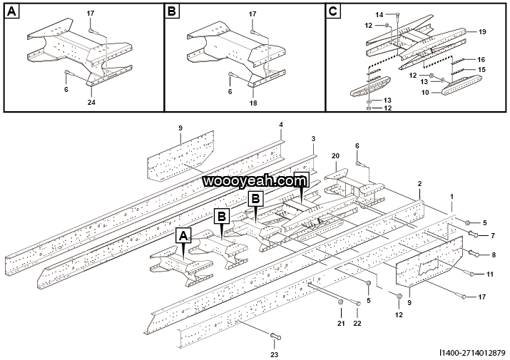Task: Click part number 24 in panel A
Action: coord(91,103)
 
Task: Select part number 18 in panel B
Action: coord(253,103)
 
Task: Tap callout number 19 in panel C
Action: coord(482,32)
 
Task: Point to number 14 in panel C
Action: coord(379,14)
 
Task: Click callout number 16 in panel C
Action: coord(482,59)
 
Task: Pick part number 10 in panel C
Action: coord(425,92)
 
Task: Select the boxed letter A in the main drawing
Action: coord(184,235)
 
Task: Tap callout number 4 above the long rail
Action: coord(281,125)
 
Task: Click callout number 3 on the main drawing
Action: coord(312,138)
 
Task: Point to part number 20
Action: coord(335,156)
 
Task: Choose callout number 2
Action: coord(420,183)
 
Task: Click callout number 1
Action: coord(451,195)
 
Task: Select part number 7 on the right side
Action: coord(491,235)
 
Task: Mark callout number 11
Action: coord(489,274)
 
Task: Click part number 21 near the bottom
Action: coord(341,324)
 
